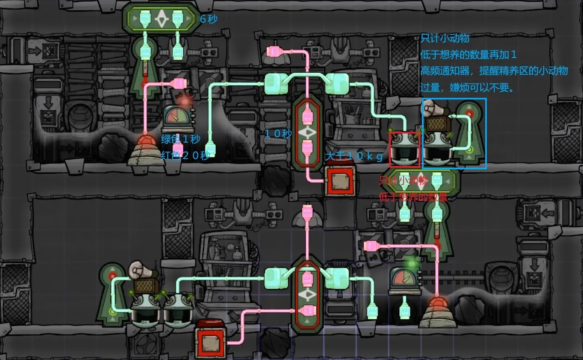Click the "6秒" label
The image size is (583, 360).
(x=209, y=19)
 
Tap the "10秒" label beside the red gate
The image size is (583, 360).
(x=278, y=134)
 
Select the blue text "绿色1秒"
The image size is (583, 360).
(x=180, y=139)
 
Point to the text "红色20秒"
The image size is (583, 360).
(x=185, y=155)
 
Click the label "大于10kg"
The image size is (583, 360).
(x=354, y=156)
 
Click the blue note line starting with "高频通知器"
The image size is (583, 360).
(x=494, y=71)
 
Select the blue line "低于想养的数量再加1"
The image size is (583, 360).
(x=468, y=55)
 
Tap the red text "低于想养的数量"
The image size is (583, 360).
(x=413, y=197)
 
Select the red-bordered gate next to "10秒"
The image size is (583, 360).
(x=307, y=132)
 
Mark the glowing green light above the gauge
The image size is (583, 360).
(x=411, y=262)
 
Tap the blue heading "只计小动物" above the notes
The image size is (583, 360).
(x=445, y=38)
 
